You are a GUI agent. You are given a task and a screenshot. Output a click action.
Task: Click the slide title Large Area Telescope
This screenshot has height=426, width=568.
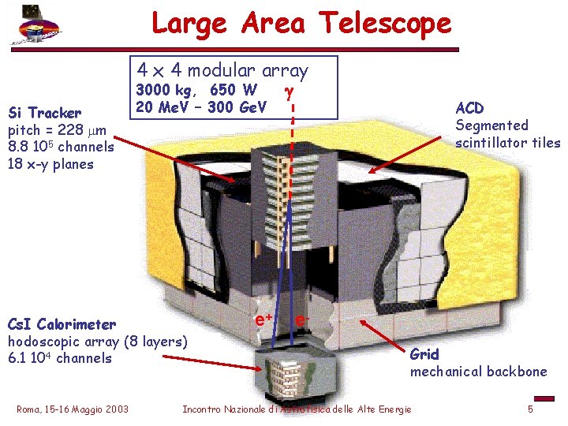[x=301, y=23]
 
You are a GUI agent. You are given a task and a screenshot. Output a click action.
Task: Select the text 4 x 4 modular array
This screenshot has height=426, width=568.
[x=222, y=70]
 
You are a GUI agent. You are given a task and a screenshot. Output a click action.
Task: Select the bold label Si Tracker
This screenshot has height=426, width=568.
[x=44, y=113]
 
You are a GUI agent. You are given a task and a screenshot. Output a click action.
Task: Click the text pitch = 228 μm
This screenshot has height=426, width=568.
[x=55, y=129]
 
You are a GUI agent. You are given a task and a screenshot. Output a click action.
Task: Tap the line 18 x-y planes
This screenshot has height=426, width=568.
[x=50, y=164]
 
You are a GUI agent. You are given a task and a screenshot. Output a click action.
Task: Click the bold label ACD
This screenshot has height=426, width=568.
[x=469, y=108]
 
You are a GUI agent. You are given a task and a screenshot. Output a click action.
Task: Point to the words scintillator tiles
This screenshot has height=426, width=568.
[x=508, y=143]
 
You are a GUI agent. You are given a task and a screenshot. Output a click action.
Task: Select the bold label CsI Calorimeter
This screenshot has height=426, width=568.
[x=62, y=324]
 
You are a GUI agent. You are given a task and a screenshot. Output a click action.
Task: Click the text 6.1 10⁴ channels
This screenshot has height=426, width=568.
[x=59, y=358]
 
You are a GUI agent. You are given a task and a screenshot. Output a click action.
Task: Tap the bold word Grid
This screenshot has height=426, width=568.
[x=424, y=354]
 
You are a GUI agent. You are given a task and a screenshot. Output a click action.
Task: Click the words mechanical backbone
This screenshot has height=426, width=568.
[x=477, y=372]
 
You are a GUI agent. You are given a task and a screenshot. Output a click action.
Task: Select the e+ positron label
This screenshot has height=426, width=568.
[x=263, y=319]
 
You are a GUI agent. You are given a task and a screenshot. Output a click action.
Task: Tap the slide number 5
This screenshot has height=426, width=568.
[x=531, y=409]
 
